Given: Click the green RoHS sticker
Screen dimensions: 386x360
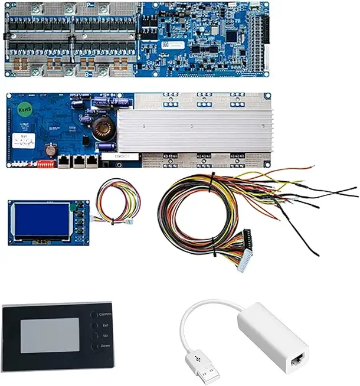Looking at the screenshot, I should coord(25,109).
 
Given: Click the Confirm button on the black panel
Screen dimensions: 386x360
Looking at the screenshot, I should coord(94,315).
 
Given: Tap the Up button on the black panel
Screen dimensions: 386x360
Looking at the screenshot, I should coord(94,335).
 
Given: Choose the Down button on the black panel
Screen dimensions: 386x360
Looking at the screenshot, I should coord(94,346).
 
